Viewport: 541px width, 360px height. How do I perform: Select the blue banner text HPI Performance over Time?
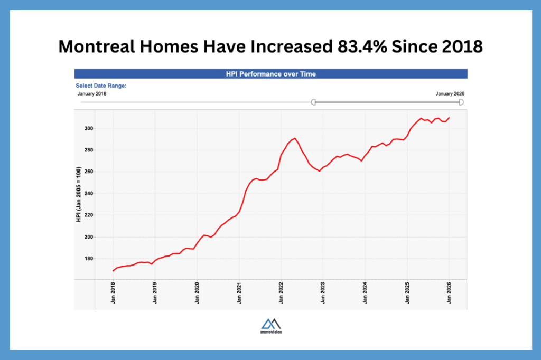point(270,74)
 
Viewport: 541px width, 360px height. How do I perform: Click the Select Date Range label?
point(101,86)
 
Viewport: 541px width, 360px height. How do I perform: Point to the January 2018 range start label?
point(92,94)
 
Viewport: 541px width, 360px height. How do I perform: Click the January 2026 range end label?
point(450,94)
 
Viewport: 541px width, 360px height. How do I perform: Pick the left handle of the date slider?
point(313,102)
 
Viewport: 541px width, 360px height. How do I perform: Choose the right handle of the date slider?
point(461,102)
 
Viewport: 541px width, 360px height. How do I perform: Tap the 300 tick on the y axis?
point(88,128)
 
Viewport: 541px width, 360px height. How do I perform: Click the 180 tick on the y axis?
point(88,259)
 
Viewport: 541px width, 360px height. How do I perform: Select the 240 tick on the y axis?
point(88,194)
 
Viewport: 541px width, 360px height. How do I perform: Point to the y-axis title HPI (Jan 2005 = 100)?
point(78,194)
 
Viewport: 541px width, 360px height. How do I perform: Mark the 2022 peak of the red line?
point(295,138)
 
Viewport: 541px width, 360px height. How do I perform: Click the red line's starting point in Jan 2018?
point(113,271)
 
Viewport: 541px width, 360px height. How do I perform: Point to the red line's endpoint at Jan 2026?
point(449,118)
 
